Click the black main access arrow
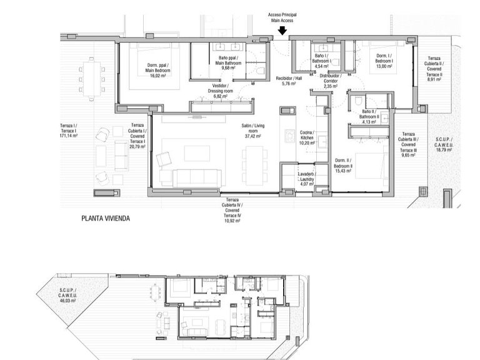point(282,30)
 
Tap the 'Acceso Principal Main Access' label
point(282,17)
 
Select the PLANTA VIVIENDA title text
point(109,219)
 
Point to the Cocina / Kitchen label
point(306,137)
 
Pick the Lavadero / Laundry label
point(306,178)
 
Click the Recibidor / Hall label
point(288,81)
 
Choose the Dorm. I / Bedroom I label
point(386,63)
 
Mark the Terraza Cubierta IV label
point(232,212)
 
